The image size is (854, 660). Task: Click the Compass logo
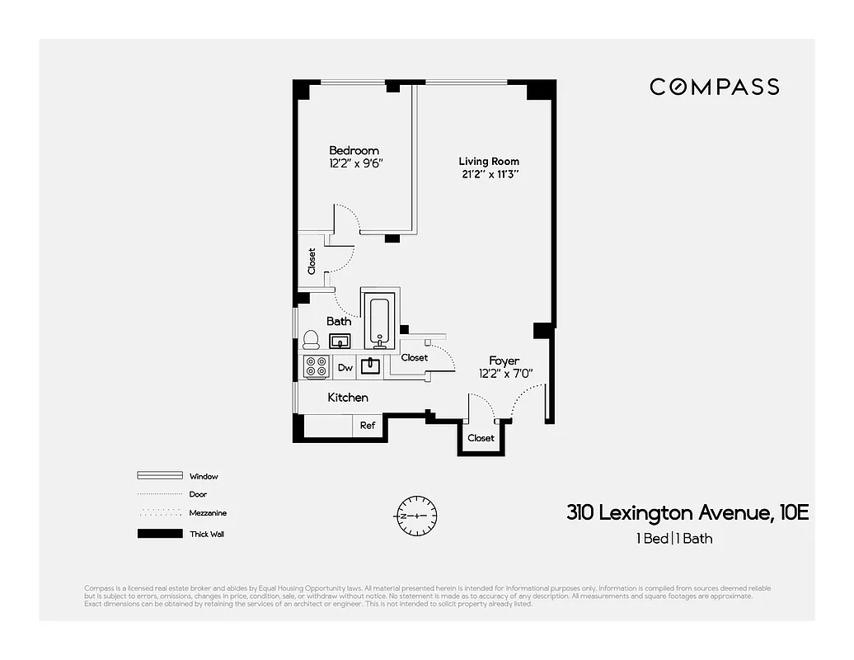point(714,87)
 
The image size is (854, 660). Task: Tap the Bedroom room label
point(354,150)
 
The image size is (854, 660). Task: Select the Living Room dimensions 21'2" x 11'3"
point(490,174)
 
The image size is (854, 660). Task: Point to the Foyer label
point(504,361)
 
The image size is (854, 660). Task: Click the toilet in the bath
point(311,340)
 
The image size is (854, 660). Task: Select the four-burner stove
point(317,366)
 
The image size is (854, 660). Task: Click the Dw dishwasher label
point(345,368)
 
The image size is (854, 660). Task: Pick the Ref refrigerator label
point(368,426)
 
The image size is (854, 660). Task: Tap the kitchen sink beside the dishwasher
point(371,365)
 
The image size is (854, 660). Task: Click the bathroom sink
point(340,341)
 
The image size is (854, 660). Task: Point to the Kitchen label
point(348,398)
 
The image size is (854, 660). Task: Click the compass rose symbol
point(416,516)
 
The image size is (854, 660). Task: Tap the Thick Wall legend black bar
point(159,534)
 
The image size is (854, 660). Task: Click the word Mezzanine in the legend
point(208,513)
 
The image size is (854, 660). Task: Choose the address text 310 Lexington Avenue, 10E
point(687,512)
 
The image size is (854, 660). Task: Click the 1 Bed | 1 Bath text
point(673,539)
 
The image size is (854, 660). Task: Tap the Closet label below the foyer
point(481,438)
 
